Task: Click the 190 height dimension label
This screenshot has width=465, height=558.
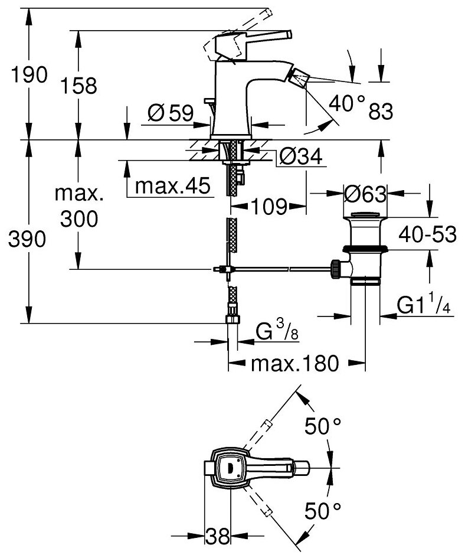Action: pos(29,75)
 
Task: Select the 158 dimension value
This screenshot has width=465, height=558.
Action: pos(78,86)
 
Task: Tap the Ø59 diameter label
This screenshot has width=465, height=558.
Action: pos(171,113)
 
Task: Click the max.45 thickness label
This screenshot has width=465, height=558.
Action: pos(172,185)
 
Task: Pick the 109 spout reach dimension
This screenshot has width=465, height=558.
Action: pos(269,207)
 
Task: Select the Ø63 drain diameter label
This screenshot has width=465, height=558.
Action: pos(365,194)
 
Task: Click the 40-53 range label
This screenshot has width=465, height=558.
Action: pos(427,234)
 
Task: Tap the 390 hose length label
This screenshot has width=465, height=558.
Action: pos(27,239)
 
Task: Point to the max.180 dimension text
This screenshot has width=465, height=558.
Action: pos(294,364)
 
